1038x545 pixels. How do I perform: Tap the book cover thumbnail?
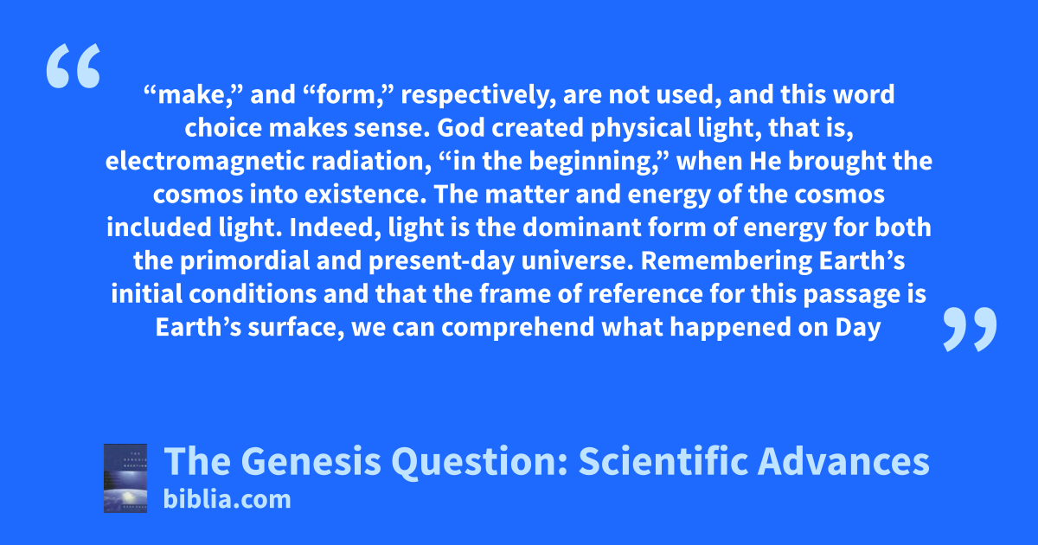[125, 478]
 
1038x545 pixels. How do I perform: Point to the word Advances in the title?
[843, 461]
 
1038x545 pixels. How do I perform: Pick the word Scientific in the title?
[663, 461]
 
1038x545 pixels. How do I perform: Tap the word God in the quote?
[460, 128]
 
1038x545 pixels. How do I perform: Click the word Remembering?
[726, 261]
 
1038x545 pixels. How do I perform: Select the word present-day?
[442, 262]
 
